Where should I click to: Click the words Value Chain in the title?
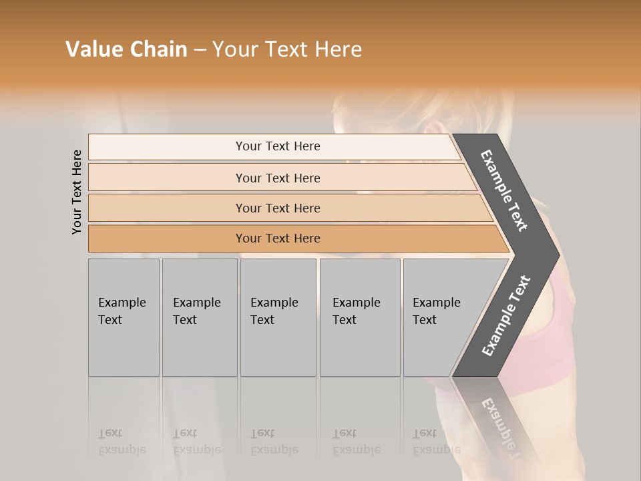coord(126,49)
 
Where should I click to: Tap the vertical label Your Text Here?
coord(77,192)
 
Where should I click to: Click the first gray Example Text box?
coord(124,317)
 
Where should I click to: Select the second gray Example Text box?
coord(200,317)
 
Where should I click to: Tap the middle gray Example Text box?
coord(278,317)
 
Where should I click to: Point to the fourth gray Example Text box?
coord(360,317)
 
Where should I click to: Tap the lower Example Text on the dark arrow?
coord(505,316)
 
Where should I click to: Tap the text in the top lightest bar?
coord(278,146)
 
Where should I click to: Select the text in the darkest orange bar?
coord(278,238)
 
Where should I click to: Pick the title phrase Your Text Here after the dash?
coord(287,49)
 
